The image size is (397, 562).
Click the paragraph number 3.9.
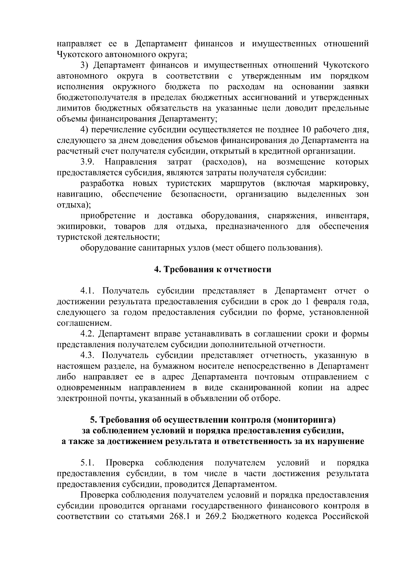88,162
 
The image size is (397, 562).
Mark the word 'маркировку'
344,184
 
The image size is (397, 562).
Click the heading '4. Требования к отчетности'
213,270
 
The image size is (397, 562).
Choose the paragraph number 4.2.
88,334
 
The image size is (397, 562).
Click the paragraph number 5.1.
88,463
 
